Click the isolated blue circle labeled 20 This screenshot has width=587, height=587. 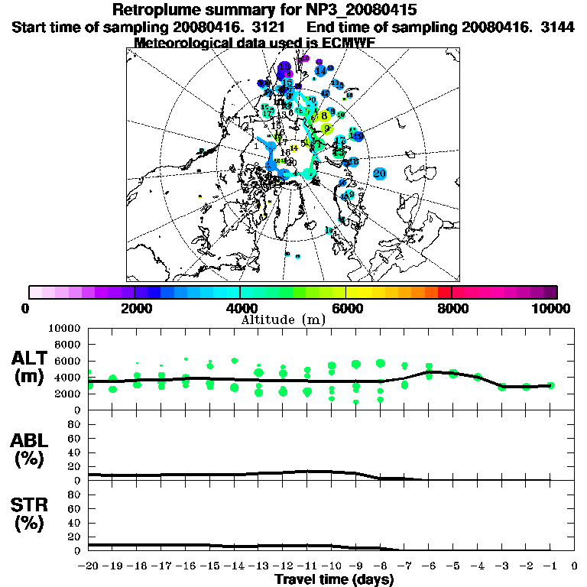[380, 174]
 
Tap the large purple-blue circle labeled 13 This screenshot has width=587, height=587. [285, 68]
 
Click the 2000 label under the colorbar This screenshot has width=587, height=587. [135, 309]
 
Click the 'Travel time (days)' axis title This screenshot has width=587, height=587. [334, 579]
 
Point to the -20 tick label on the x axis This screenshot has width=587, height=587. [89, 566]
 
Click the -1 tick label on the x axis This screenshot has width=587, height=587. [549, 566]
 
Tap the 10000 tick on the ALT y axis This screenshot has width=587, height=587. [65, 328]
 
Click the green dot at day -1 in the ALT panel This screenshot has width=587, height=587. [550, 385]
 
